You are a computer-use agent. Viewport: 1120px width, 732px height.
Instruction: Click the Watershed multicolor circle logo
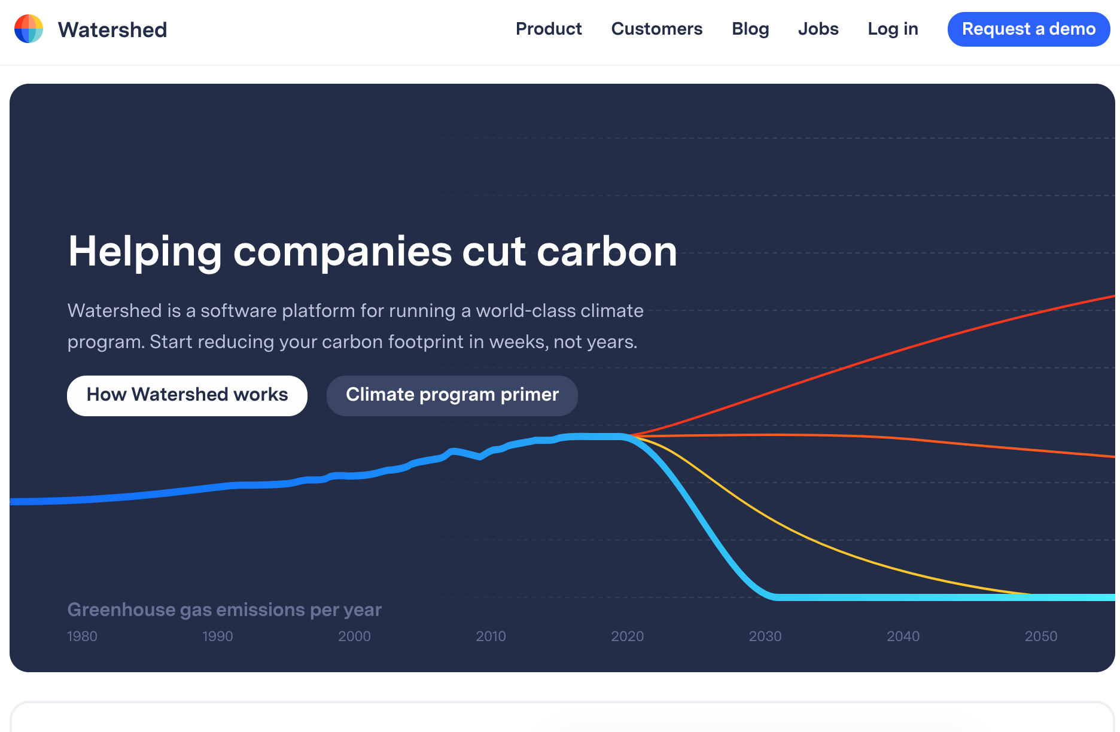[29, 29]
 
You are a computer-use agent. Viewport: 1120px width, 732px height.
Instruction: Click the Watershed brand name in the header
[112, 29]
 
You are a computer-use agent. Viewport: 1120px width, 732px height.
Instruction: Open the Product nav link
[549, 29]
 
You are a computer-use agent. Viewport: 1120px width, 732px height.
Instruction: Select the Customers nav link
[656, 29]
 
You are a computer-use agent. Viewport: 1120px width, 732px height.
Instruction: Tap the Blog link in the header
[750, 29]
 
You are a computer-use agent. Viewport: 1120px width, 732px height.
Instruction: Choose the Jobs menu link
[818, 29]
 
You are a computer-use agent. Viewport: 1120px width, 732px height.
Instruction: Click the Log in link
[893, 29]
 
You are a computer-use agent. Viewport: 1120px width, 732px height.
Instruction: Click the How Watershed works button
[187, 395]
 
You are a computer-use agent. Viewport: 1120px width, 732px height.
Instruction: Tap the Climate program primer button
[452, 395]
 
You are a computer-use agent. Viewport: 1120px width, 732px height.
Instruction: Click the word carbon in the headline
[607, 252]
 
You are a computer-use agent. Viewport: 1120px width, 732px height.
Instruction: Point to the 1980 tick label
[82, 636]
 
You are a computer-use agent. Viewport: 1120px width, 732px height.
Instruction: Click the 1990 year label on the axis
[217, 636]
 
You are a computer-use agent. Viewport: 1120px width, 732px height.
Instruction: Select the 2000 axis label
[354, 636]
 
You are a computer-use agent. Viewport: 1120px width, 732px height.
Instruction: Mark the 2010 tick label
[491, 636]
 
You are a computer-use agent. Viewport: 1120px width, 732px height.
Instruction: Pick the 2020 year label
[627, 636]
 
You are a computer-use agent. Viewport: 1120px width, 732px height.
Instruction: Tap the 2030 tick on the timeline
[765, 636]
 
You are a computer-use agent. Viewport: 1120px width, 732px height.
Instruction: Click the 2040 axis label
[903, 636]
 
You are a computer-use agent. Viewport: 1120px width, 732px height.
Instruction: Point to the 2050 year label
[1040, 636]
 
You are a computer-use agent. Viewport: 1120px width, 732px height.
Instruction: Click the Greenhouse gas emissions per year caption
[224, 609]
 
